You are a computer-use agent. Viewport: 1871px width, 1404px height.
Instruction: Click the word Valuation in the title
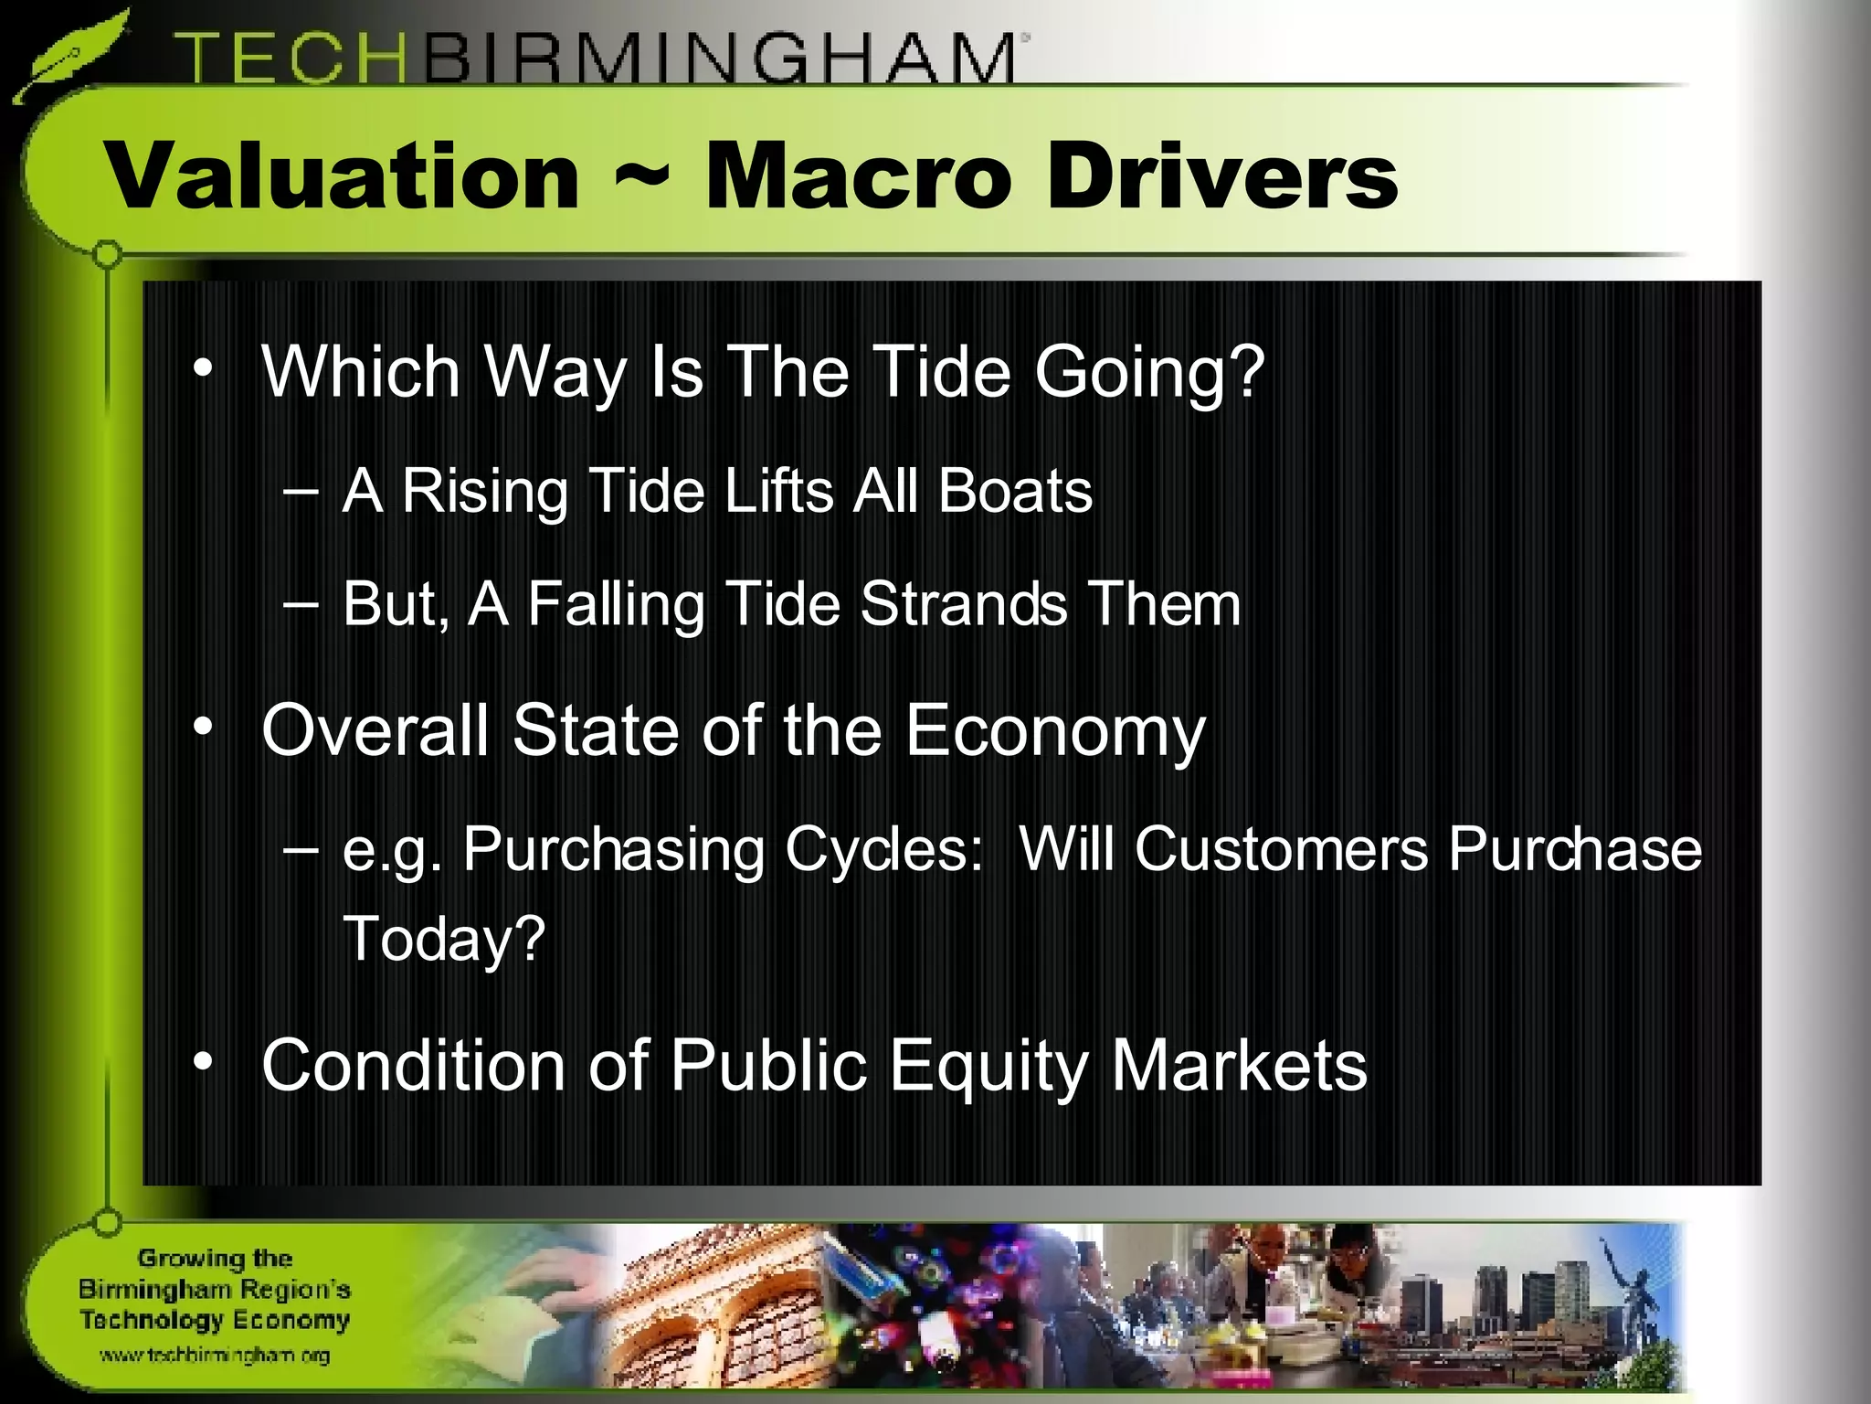point(344,175)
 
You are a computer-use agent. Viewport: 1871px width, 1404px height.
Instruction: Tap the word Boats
point(1015,492)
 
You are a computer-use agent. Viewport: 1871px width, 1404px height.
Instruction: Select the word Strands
point(964,604)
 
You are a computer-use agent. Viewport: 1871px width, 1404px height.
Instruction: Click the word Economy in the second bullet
point(1055,731)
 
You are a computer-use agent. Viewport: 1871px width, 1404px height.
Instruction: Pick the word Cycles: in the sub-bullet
point(883,849)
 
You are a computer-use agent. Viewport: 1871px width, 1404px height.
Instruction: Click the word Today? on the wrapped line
point(444,939)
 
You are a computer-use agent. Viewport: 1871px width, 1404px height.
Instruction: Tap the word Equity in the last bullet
point(989,1066)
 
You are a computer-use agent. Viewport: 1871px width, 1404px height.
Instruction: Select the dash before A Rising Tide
point(301,492)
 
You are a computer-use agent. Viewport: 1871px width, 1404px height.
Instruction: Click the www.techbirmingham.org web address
point(215,1356)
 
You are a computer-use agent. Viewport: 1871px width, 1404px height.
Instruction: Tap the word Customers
point(1281,849)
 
